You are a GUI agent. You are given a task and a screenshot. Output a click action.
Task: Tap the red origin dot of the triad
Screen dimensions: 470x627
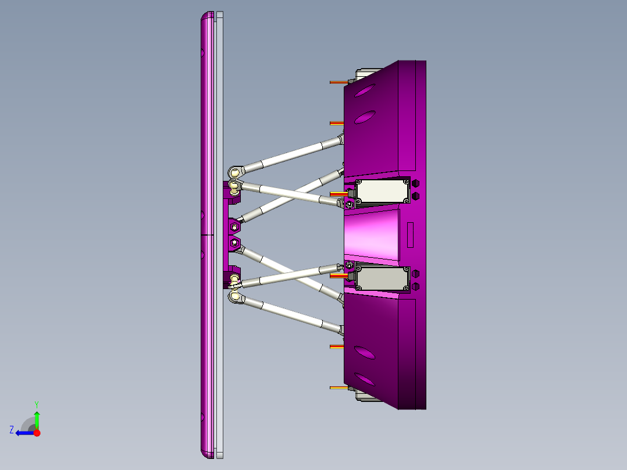(x=37, y=433)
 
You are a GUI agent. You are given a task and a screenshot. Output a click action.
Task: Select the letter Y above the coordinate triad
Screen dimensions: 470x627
(x=36, y=404)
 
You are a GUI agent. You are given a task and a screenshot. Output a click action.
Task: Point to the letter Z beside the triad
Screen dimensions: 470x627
(x=12, y=430)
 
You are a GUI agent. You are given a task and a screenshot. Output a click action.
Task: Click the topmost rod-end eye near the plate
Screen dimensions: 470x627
(x=234, y=172)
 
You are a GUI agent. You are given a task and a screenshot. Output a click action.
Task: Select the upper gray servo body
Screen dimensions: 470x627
(x=381, y=191)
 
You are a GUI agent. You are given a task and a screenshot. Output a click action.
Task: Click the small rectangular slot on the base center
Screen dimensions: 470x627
(x=410, y=234)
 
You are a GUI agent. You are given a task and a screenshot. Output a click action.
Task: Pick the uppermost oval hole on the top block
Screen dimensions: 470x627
(x=364, y=91)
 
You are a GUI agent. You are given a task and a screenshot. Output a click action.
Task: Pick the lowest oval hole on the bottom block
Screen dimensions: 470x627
(x=364, y=380)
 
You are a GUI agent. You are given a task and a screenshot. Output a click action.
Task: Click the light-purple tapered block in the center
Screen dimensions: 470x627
(x=372, y=236)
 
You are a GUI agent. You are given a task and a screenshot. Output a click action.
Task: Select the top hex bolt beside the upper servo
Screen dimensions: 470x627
(x=415, y=183)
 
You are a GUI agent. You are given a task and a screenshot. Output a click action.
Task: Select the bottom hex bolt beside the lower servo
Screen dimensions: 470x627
(x=415, y=286)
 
